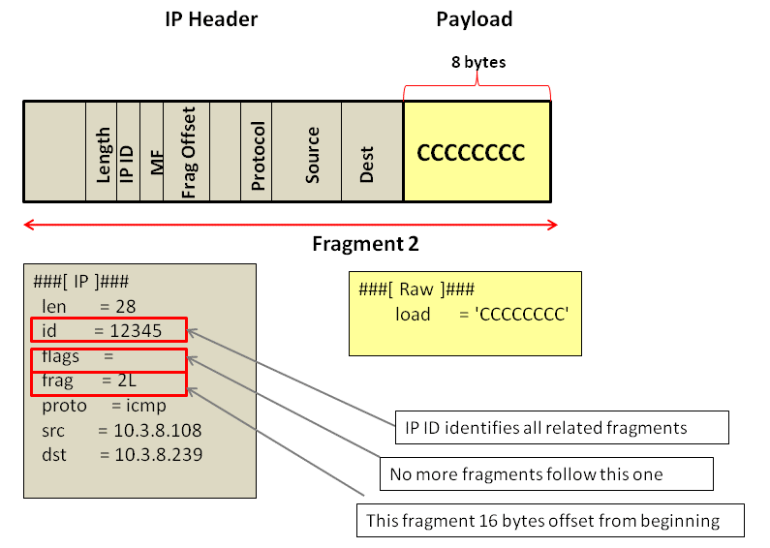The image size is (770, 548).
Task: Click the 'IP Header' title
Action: [x=211, y=19]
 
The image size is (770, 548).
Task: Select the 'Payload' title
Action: [x=474, y=19]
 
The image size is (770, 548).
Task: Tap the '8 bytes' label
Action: [x=478, y=62]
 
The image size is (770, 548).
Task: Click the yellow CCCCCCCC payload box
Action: [x=477, y=152]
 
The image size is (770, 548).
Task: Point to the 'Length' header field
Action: [x=102, y=152]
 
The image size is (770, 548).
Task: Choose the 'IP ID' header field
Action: [x=127, y=152]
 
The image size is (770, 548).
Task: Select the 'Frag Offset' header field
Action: [x=189, y=152]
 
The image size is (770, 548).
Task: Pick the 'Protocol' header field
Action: [x=257, y=152]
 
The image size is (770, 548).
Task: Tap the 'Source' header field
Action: [x=312, y=152]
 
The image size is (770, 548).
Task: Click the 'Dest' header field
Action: [x=368, y=152]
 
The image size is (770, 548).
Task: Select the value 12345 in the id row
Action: [x=135, y=330]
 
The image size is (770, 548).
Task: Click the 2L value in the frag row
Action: [x=126, y=381]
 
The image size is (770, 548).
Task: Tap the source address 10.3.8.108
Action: [x=158, y=429]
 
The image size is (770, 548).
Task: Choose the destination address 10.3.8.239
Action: [x=158, y=453]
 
